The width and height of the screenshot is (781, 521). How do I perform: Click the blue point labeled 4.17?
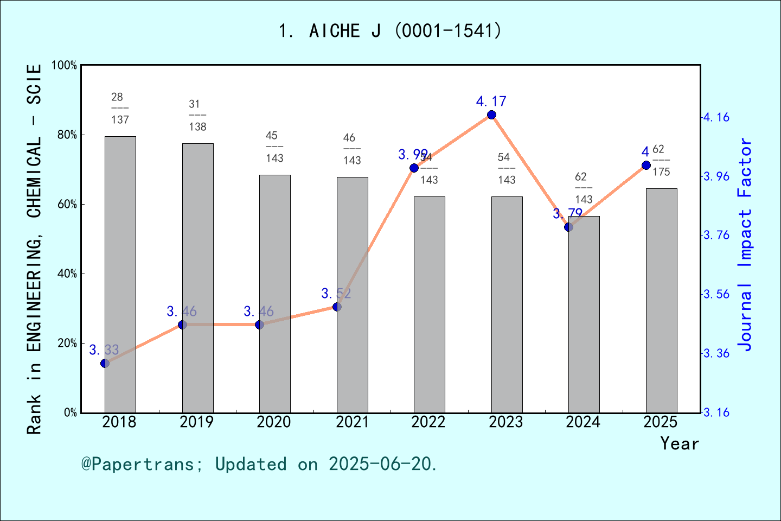491,115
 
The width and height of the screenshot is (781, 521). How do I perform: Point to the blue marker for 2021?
337,307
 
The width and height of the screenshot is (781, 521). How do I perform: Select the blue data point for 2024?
568,227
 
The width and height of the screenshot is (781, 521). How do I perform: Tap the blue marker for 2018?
105,363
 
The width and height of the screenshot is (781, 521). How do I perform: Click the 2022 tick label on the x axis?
428,422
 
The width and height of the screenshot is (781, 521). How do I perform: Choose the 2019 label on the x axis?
196,422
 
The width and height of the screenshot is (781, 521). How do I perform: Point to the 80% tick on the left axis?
67,135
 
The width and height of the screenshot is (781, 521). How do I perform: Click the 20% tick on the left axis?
67,344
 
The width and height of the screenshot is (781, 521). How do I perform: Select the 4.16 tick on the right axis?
716,117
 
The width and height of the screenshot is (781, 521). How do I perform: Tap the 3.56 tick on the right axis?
716,294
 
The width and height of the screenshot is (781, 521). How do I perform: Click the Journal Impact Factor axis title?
745,244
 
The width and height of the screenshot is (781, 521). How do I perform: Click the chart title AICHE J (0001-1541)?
390,31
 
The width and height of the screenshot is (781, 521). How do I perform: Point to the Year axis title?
679,443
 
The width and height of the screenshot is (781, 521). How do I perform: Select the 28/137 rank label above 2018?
119,109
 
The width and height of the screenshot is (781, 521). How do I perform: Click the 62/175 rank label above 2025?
661,161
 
